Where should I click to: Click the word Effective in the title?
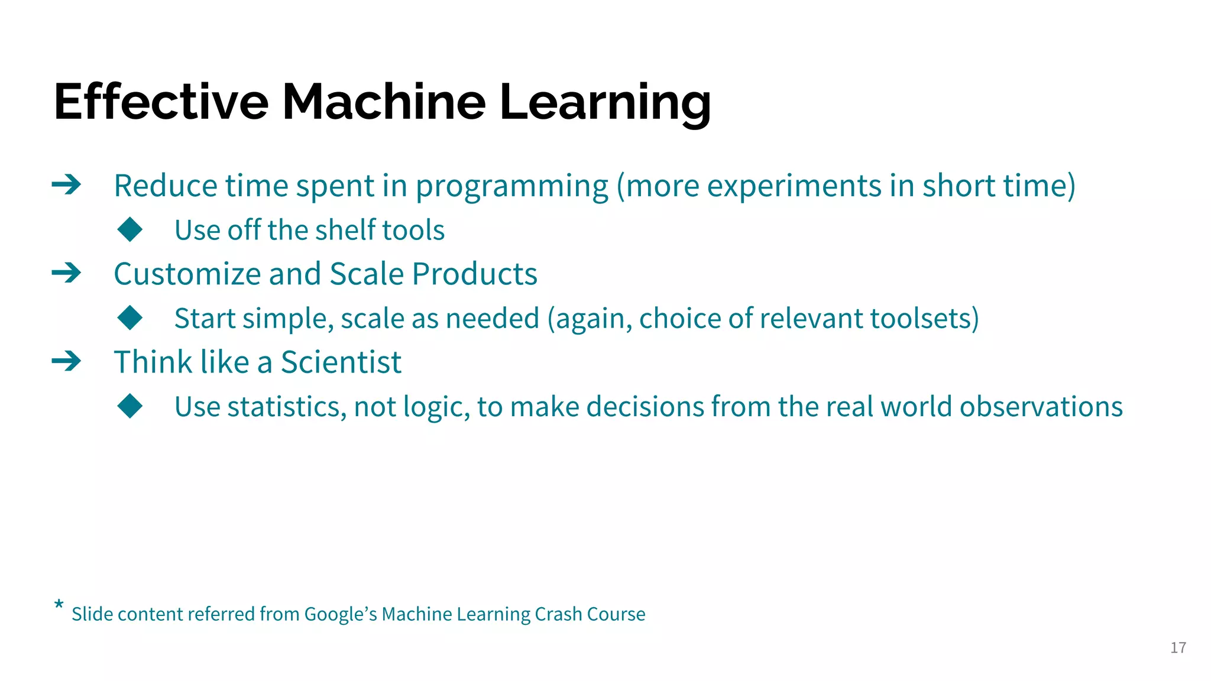click(161, 102)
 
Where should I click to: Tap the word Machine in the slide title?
click(384, 102)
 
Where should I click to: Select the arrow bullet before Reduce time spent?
click(66, 185)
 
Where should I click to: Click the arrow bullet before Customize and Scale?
click(66, 273)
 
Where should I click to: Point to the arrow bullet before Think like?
click(66, 361)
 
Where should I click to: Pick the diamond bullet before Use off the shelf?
click(130, 229)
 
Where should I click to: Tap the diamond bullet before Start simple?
click(130, 318)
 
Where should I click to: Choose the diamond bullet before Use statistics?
click(130, 406)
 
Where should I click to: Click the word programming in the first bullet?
click(511, 187)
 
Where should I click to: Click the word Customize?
click(187, 274)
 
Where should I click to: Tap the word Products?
click(474, 274)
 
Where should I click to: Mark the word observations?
click(1041, 407)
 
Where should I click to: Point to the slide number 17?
click(1178, 648)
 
